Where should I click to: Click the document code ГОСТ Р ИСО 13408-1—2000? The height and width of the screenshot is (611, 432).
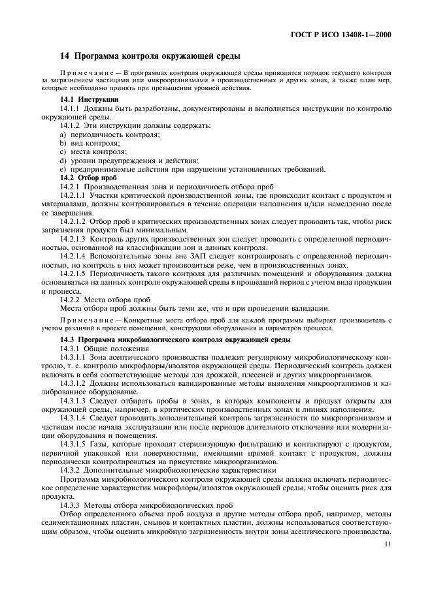pos(345,34)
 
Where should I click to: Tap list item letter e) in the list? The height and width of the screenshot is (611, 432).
pos(63,168)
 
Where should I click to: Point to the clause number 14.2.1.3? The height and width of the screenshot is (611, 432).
pos(74,240)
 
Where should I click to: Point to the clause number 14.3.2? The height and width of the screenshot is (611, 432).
pos(70,469)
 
